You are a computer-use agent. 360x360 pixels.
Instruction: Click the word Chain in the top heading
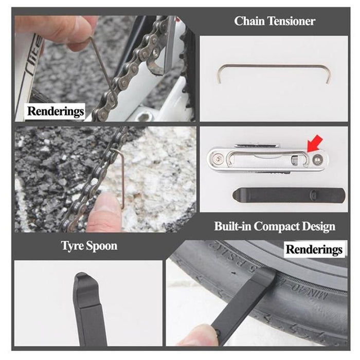tap(249, 21)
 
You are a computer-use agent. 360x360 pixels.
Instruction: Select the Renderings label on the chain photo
tap(56, 111)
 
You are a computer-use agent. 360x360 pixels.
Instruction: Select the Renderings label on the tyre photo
tap(314, 250)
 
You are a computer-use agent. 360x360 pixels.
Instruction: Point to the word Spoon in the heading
tap(102, 246)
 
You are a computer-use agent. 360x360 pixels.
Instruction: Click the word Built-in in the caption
tap(233, 226)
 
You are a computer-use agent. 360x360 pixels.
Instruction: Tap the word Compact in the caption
tap(281, 226)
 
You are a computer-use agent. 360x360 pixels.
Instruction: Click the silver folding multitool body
tap(257, 159)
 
